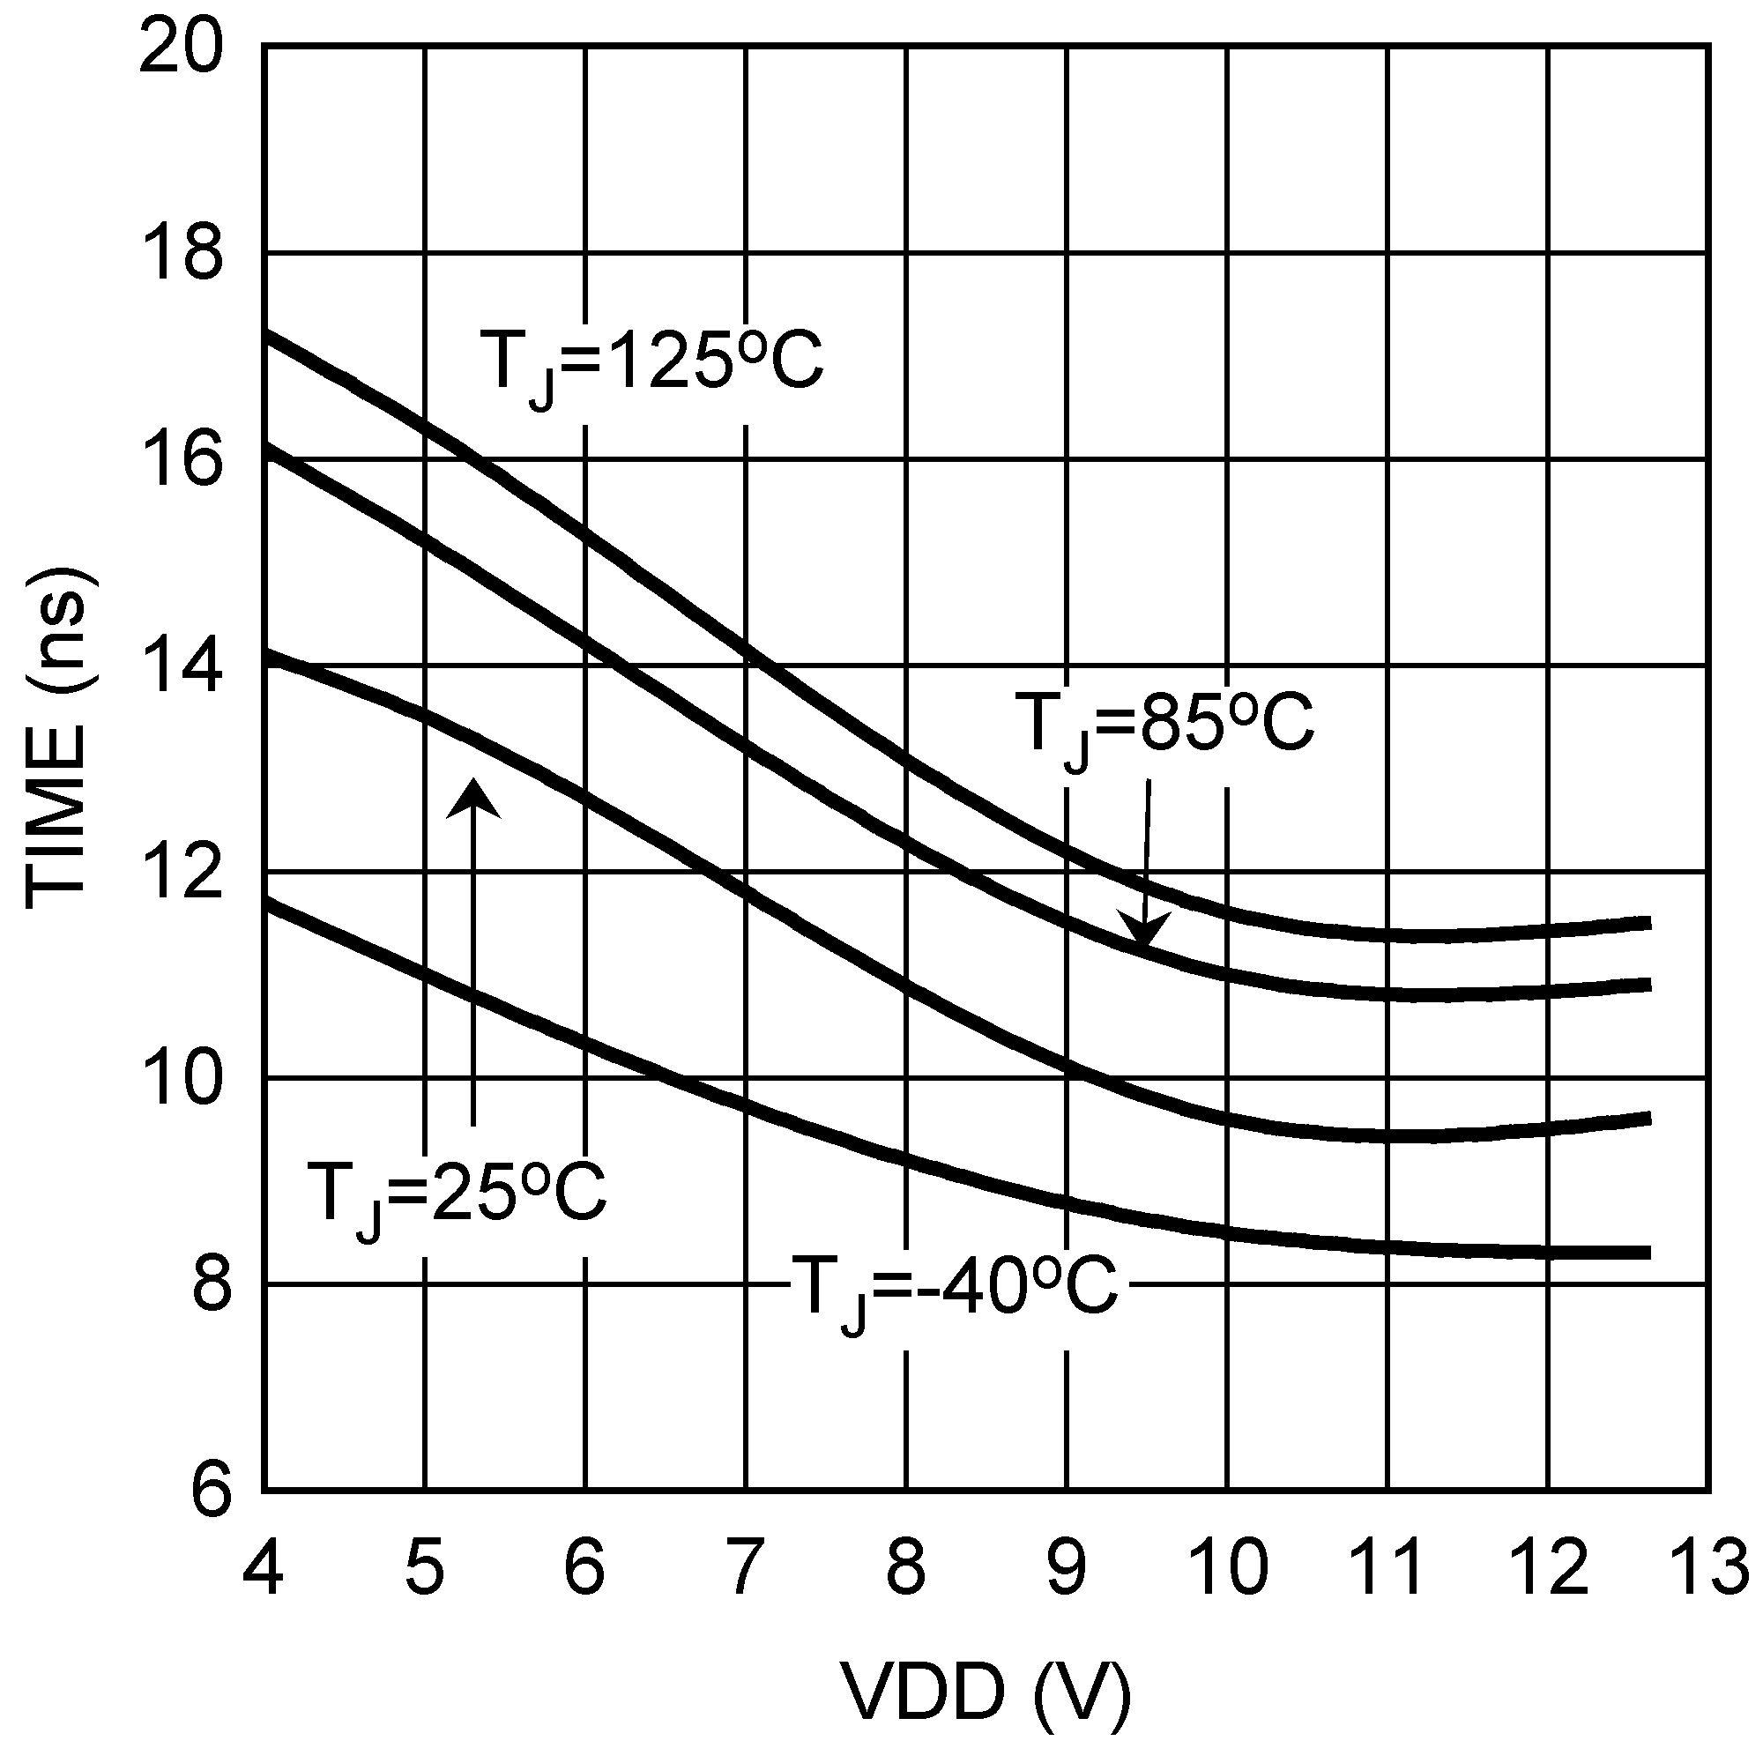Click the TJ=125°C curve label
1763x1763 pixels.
pyautogui.click(x=651, y=362)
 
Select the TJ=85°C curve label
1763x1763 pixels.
pyautogui.click(x=1164, y=724)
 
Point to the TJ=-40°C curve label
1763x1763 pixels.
pyautogui.click(x=953, y=1287)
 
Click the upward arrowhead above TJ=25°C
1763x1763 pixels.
pyautogui.click(x=472, y=797)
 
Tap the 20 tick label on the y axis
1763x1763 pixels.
pyautogui.click(x=181, y=48)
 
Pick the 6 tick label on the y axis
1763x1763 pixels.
pyautogui.click(x=210, y=1493)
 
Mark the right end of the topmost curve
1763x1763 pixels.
pyautogui.click(x=1648, y=924)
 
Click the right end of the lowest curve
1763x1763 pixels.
pyautogui.click(x=1648, y=1253)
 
